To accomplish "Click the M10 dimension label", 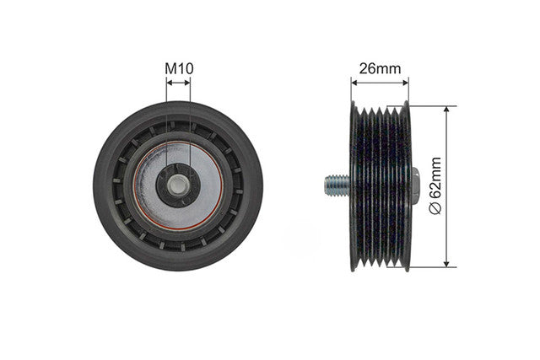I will click(178, 67).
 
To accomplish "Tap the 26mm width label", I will click(380, 68).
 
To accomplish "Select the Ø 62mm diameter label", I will click(436, 185).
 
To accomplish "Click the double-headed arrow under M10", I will click(178, 82).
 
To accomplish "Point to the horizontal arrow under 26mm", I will click(380, 82).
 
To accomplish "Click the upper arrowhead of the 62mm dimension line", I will click(445, 110).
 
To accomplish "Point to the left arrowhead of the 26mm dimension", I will click(354, 82).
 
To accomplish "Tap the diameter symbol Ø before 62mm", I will click(436, 207).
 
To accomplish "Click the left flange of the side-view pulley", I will click(354, 185).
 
